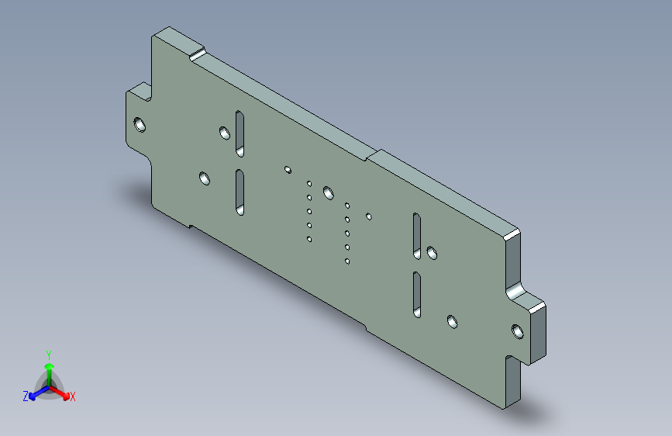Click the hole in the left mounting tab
point(140,125)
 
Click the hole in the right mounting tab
point(518,331)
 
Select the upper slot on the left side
point(240,134)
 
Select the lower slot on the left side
point(240,192)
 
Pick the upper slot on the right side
point(416,236)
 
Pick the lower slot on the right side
point(416,294)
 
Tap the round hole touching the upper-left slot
point(225,133)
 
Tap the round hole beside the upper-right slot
point(432,253)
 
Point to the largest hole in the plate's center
point(329,192)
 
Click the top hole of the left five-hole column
point(309,184)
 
